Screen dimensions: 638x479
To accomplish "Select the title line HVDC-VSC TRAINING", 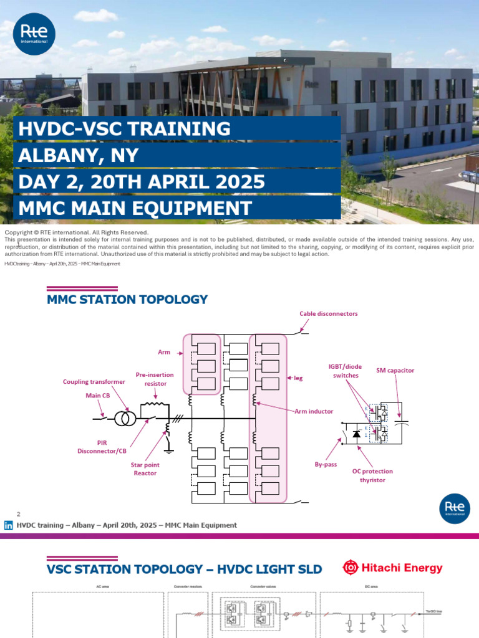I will point(125,129).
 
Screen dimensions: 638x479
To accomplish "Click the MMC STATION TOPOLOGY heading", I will point(127,300).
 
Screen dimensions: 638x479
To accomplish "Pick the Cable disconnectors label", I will point(328,313).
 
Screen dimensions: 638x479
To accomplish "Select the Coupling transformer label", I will point(94,381).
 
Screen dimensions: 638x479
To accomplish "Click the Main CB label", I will point(98,395).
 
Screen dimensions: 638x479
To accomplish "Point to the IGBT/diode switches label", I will point(346,371).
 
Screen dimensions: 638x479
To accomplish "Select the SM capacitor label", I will point(395,370).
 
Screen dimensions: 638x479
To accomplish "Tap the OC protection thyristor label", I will point(373,475).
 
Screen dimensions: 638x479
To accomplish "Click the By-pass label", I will point(326,464).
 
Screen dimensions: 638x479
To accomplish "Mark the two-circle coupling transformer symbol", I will point(125,418).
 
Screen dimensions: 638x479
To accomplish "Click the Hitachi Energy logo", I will point(392,568).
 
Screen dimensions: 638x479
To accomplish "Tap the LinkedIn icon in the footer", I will point(9,525).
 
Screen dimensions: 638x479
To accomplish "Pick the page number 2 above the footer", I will point(19,514).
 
